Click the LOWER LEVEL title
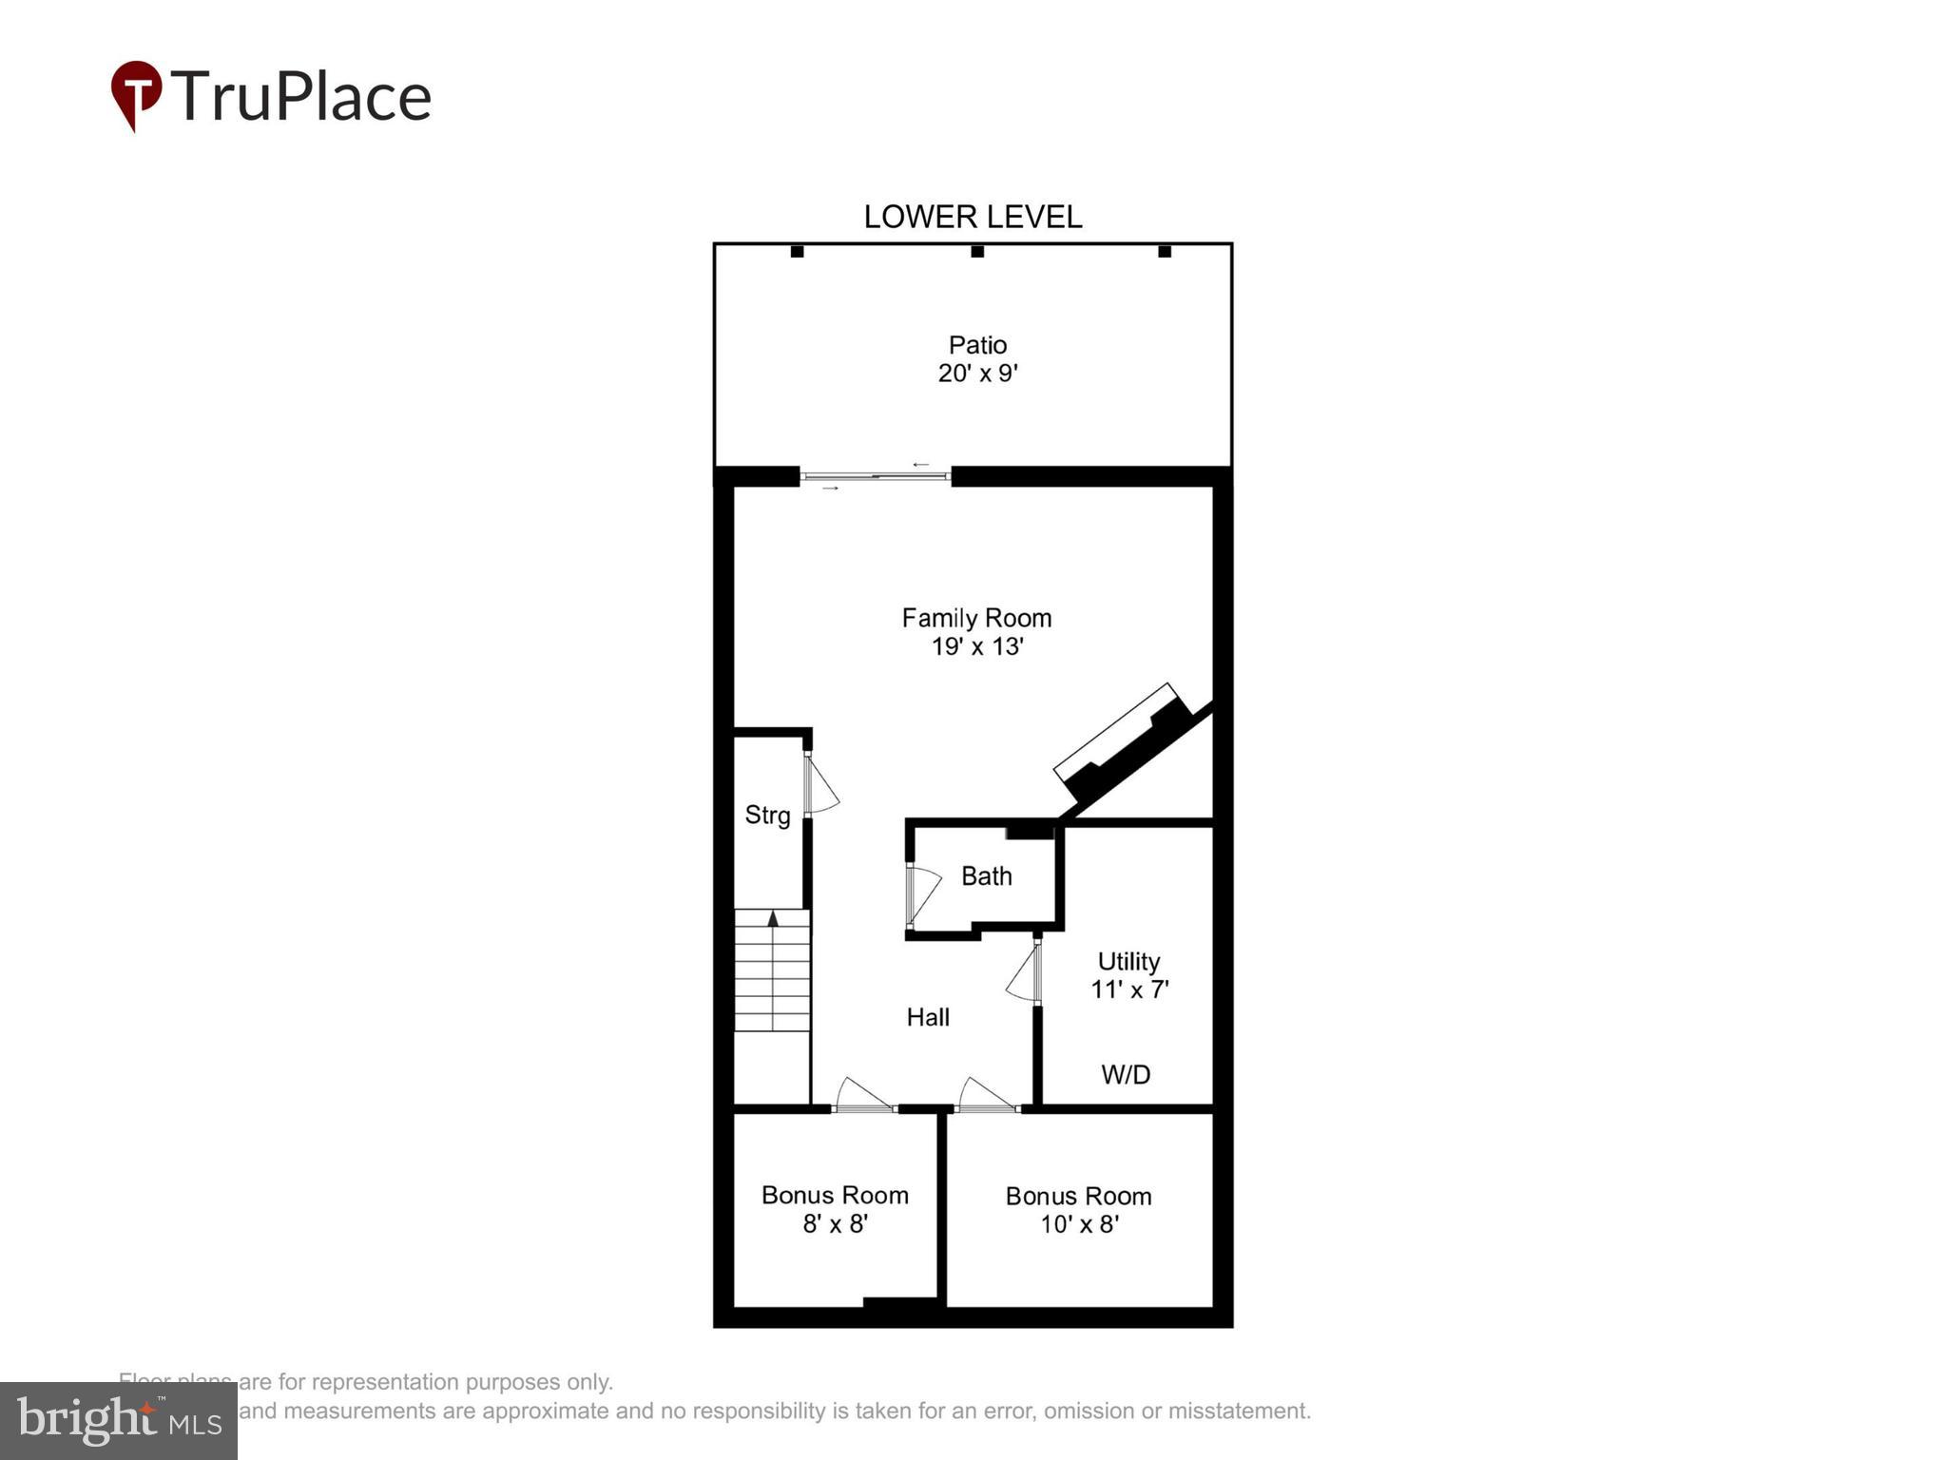(x=973, y=217)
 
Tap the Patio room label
(x=977, y=344)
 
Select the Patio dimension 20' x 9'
(x=977, y=374)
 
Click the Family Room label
(x=976, y=618)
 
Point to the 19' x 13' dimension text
(x=976, y=647)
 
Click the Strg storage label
(x=767, y=815)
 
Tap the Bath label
(x=986, y=875)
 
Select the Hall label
(x=928, y=1017)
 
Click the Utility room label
(x=1128, y=961)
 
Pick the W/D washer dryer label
(x=1126, y=1074)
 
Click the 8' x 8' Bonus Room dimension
(x=835, y=1224)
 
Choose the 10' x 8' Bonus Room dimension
(x=1079, y=1224)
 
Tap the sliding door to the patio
(x=875, y=475)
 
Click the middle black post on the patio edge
(x=976, y=252)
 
